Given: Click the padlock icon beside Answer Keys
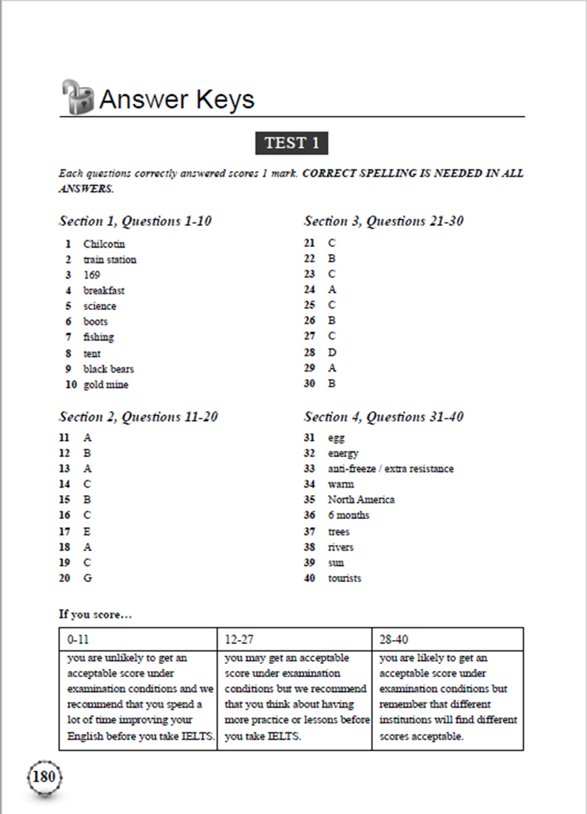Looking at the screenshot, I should [77, 97].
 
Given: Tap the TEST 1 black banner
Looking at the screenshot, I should [291, 143].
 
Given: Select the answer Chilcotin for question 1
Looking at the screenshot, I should [104, 244].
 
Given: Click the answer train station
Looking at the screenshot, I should [110, 259].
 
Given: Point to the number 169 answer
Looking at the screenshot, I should [92, 275].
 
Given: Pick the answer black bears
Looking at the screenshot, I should [108, 369].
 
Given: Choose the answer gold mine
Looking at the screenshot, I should [106, 384].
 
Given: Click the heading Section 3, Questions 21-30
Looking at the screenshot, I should [383, 221].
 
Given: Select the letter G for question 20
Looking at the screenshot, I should [88, 578].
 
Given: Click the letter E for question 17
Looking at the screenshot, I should [88, 531].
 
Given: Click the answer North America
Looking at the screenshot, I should [361, 500].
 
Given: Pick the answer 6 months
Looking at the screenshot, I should [348, 515].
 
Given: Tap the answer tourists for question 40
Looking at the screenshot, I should [345, 578].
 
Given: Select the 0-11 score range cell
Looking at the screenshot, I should [138, 639].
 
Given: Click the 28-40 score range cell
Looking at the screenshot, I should [447, 639].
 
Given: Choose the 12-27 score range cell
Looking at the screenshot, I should [294, 639].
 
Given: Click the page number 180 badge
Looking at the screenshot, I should [45, 778].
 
